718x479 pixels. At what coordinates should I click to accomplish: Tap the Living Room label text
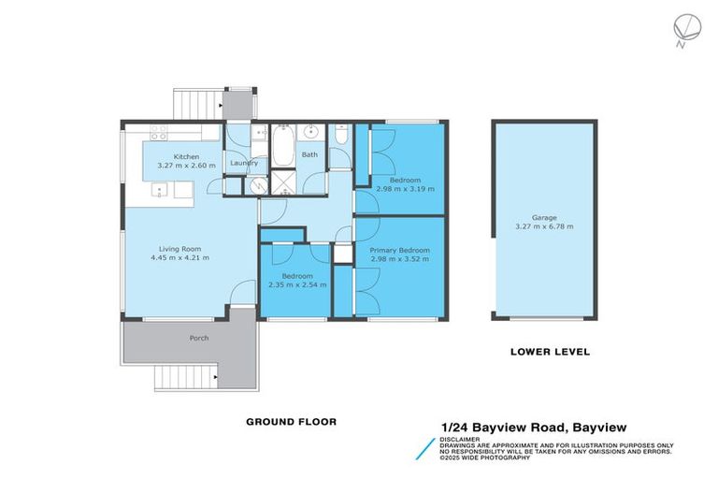tap(179, 249)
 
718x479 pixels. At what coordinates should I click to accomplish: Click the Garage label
tap(545, 217)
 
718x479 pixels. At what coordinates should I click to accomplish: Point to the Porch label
tap(198, 338)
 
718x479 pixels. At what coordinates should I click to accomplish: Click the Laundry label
tap(244, 163)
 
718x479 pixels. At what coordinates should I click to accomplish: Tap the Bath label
tap(309, 155)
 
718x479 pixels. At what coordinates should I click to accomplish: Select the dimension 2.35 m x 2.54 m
tap(297, 284)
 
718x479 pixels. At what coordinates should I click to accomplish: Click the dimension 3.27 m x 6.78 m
tap(545, 226)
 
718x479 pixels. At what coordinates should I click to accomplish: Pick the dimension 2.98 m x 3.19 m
tap(405, 188)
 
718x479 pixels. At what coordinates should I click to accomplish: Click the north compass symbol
tap(681, 27)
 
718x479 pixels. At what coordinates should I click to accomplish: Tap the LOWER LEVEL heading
tap(549, 352)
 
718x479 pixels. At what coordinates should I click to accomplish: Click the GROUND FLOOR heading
tap(291, 422)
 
